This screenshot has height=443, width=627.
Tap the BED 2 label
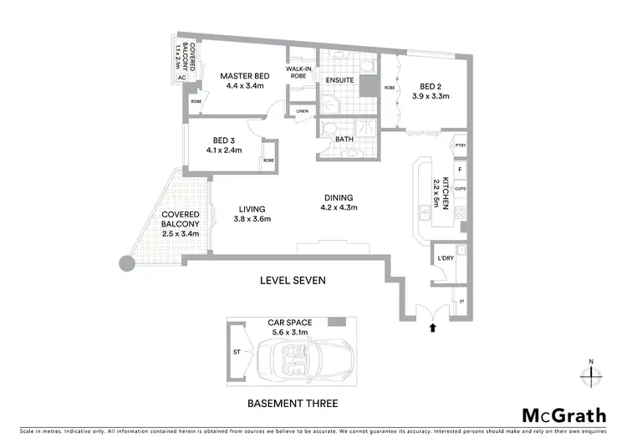point(431,85)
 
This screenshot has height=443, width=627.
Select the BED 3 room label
point(223,140)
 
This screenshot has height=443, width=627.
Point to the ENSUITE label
point(341,80)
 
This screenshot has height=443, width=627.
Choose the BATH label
point(344,140)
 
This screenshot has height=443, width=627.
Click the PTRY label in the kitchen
point(459,146)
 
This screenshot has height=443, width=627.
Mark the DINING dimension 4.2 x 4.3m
point(340,207)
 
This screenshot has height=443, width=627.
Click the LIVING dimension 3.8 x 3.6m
point(252,219)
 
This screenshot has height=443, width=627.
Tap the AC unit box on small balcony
point(181,77)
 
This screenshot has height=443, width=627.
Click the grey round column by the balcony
point(126,264)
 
